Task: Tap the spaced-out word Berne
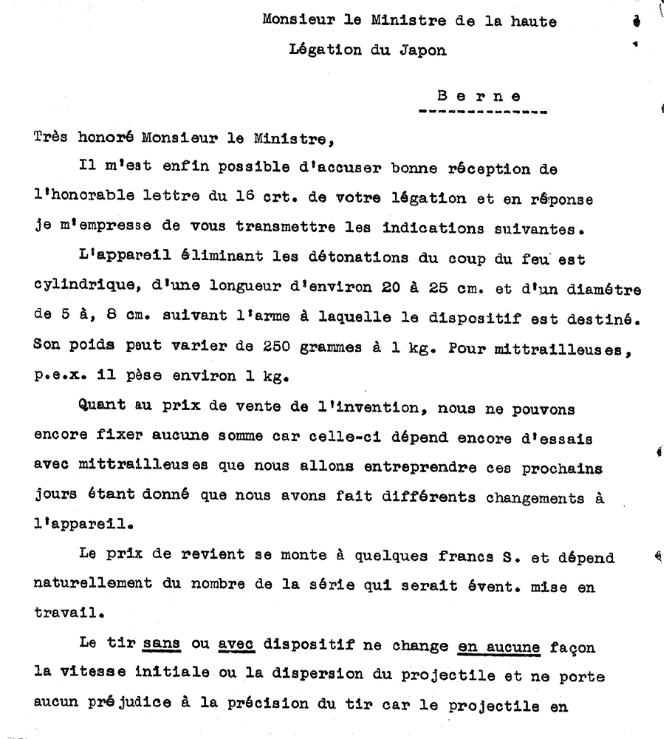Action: coord(479,96)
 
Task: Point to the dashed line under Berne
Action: coord(482,113)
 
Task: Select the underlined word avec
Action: coord(237,644)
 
